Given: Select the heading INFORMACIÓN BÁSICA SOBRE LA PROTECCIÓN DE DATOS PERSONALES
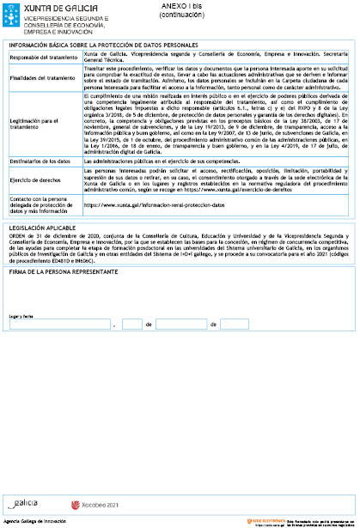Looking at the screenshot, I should pos(102,45).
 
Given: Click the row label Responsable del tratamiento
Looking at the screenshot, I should pos(43,58).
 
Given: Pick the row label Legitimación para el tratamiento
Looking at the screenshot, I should pos(39,124).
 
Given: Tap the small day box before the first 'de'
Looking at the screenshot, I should pos(132,325).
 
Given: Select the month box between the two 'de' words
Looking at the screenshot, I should pos(180,325).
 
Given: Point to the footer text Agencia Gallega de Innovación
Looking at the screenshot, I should pos(35,521).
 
